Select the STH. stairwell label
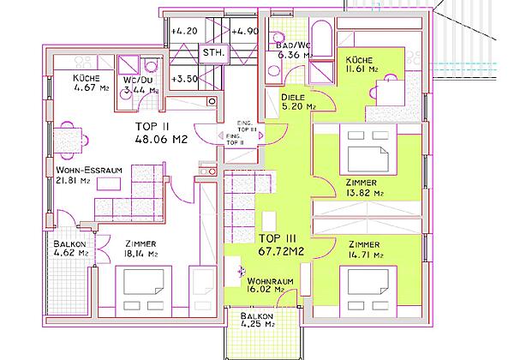[212, 53]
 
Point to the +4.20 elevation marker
[184, 32]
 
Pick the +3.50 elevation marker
[184, 79]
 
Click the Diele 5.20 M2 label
[298, 103]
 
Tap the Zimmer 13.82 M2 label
[363, 189]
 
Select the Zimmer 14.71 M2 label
[363, 249]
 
